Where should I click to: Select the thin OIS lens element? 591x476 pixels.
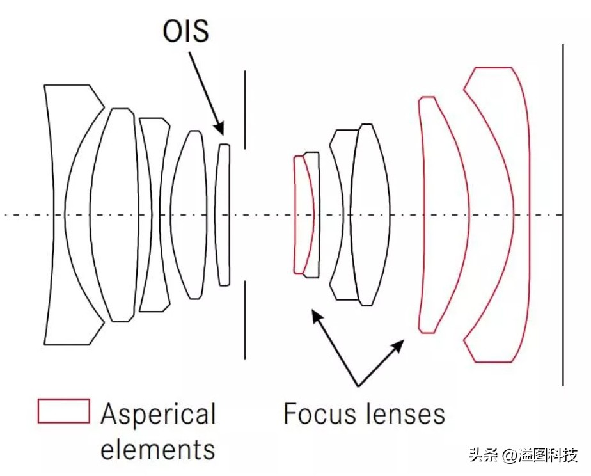[223, 214]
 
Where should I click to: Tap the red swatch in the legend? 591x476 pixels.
[63, 411]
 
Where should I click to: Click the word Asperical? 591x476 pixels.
[159, 415]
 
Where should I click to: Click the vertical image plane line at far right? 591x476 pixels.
[563, 214]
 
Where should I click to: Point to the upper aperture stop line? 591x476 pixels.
[245, 109]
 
